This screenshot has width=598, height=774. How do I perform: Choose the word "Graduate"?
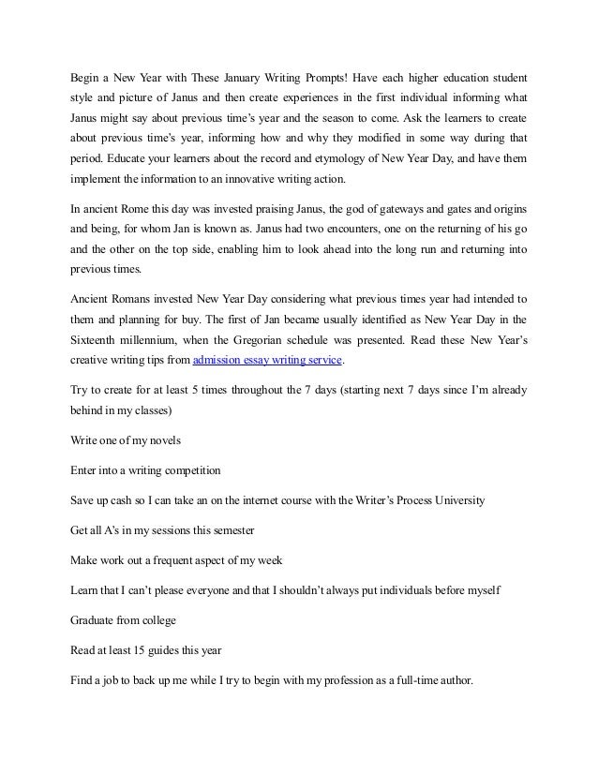coord(96,621)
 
